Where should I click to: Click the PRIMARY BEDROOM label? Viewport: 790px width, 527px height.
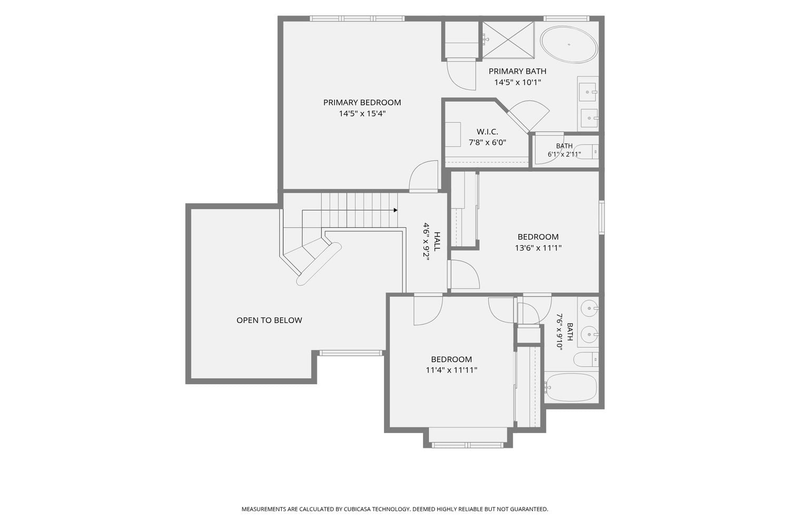pyautogui.click(x=362, y=102)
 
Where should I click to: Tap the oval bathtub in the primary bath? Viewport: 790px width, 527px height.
pyautogui.click(x=569, y=44)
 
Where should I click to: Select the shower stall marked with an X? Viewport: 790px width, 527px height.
pyautogui.click(x=508, y=39)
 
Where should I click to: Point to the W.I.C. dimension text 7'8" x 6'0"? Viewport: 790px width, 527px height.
pyautogui.click(x=487, y=143)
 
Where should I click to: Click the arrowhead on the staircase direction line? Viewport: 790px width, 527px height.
pyautogui.click(x=396, y=210)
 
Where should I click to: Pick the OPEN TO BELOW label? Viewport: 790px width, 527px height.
pyautogui.click(x=269, y=320)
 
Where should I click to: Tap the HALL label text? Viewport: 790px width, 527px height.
pyautogui.click(x=437, y=241)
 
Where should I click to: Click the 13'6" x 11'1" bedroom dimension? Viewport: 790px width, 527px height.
pyautogui.click(x=538, y=248)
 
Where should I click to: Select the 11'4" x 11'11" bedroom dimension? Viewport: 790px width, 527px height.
pyautogui.click(x=451, y=370)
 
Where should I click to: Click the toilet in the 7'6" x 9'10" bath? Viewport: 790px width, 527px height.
pyautogui.click(x=586, y=360)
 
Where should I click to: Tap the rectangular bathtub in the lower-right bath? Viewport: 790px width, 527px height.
pyautogui.click(x=571, y=387)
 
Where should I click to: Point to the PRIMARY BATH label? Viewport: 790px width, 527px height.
pyautogui.click(x=517, y=71)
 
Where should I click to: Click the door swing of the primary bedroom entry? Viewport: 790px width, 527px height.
pyautogui.click(x=423, y=176)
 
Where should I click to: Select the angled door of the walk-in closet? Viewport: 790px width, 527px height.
pyautogui.click(x=528, y=116)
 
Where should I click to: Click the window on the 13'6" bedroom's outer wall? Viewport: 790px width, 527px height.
pyautogui.click(x=601, y=218)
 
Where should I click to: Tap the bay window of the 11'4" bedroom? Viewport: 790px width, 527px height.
pyautogui.click(x=468, y=445)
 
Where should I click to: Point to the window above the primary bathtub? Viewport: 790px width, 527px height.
pyautogui.click(x=566, y=18)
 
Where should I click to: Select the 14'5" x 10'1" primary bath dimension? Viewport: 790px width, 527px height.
pyautogui.click(x=517, y=83)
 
